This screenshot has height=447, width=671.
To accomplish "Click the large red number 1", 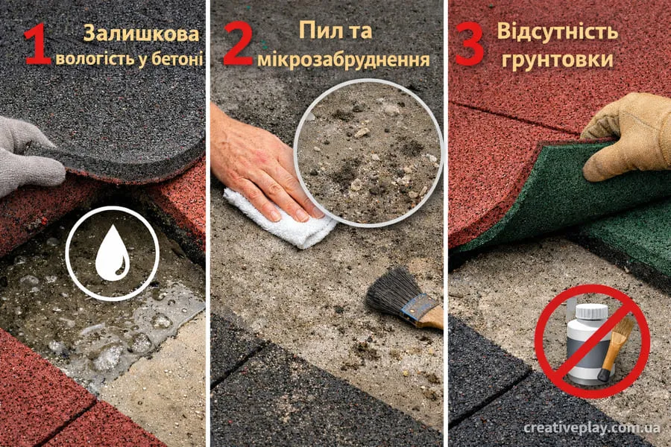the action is tap(38, 44).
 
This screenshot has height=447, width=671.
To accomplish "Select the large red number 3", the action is tap(470, 44).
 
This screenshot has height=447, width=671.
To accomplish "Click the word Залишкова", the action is tap(141, 34).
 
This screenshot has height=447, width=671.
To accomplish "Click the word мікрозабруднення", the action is tap(344, 60).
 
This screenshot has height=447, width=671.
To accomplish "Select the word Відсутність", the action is tap(557, 31).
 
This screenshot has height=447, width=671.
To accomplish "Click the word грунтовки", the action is tap(557, 59).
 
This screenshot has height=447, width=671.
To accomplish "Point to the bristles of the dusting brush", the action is tap(391, 291).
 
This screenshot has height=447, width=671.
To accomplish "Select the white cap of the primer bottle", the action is tap(591, 311).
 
